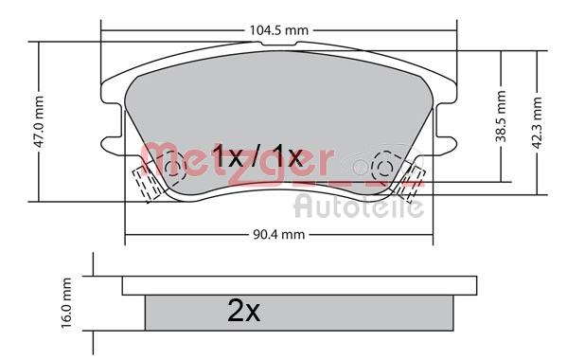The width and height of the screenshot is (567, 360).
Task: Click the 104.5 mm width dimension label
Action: (279, 30)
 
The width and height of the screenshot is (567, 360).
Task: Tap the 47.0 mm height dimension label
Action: (38, 121)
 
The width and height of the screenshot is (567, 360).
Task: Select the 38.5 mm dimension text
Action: (501, 117)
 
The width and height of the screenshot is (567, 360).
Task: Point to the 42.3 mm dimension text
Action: (538, 122)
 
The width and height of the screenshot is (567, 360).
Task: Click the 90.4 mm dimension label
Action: (279, 235)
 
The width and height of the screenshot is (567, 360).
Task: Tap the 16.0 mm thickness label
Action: (66, 303)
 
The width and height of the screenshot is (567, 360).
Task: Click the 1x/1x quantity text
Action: (257, 156)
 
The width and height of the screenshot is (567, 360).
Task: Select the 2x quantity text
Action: (243, 311)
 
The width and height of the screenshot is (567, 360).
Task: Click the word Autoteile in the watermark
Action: (359, 207)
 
